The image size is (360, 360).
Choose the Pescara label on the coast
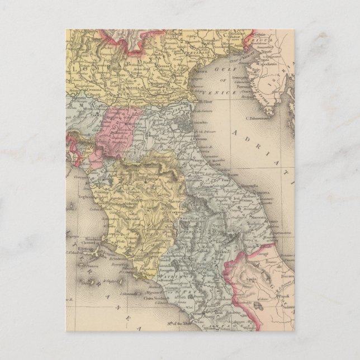(x=290, y=274)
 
